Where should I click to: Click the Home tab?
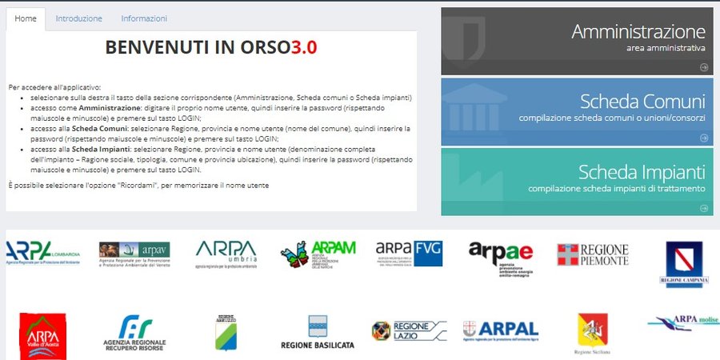click(26, 18)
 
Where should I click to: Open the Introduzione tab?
click(78, 18)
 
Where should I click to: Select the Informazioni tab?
click(144, 18)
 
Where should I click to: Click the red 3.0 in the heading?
click(303, 47)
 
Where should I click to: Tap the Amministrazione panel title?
click(638, 32)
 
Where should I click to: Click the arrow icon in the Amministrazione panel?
click(704, 67)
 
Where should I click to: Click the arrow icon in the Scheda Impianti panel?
click(704, 207)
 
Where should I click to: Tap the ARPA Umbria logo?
click(226, 254)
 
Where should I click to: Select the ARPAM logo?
click(318, 254)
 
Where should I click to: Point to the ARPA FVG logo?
click(409, 254)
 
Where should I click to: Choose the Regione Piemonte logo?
click(593, 254)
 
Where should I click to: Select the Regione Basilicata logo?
click(318, 333)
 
